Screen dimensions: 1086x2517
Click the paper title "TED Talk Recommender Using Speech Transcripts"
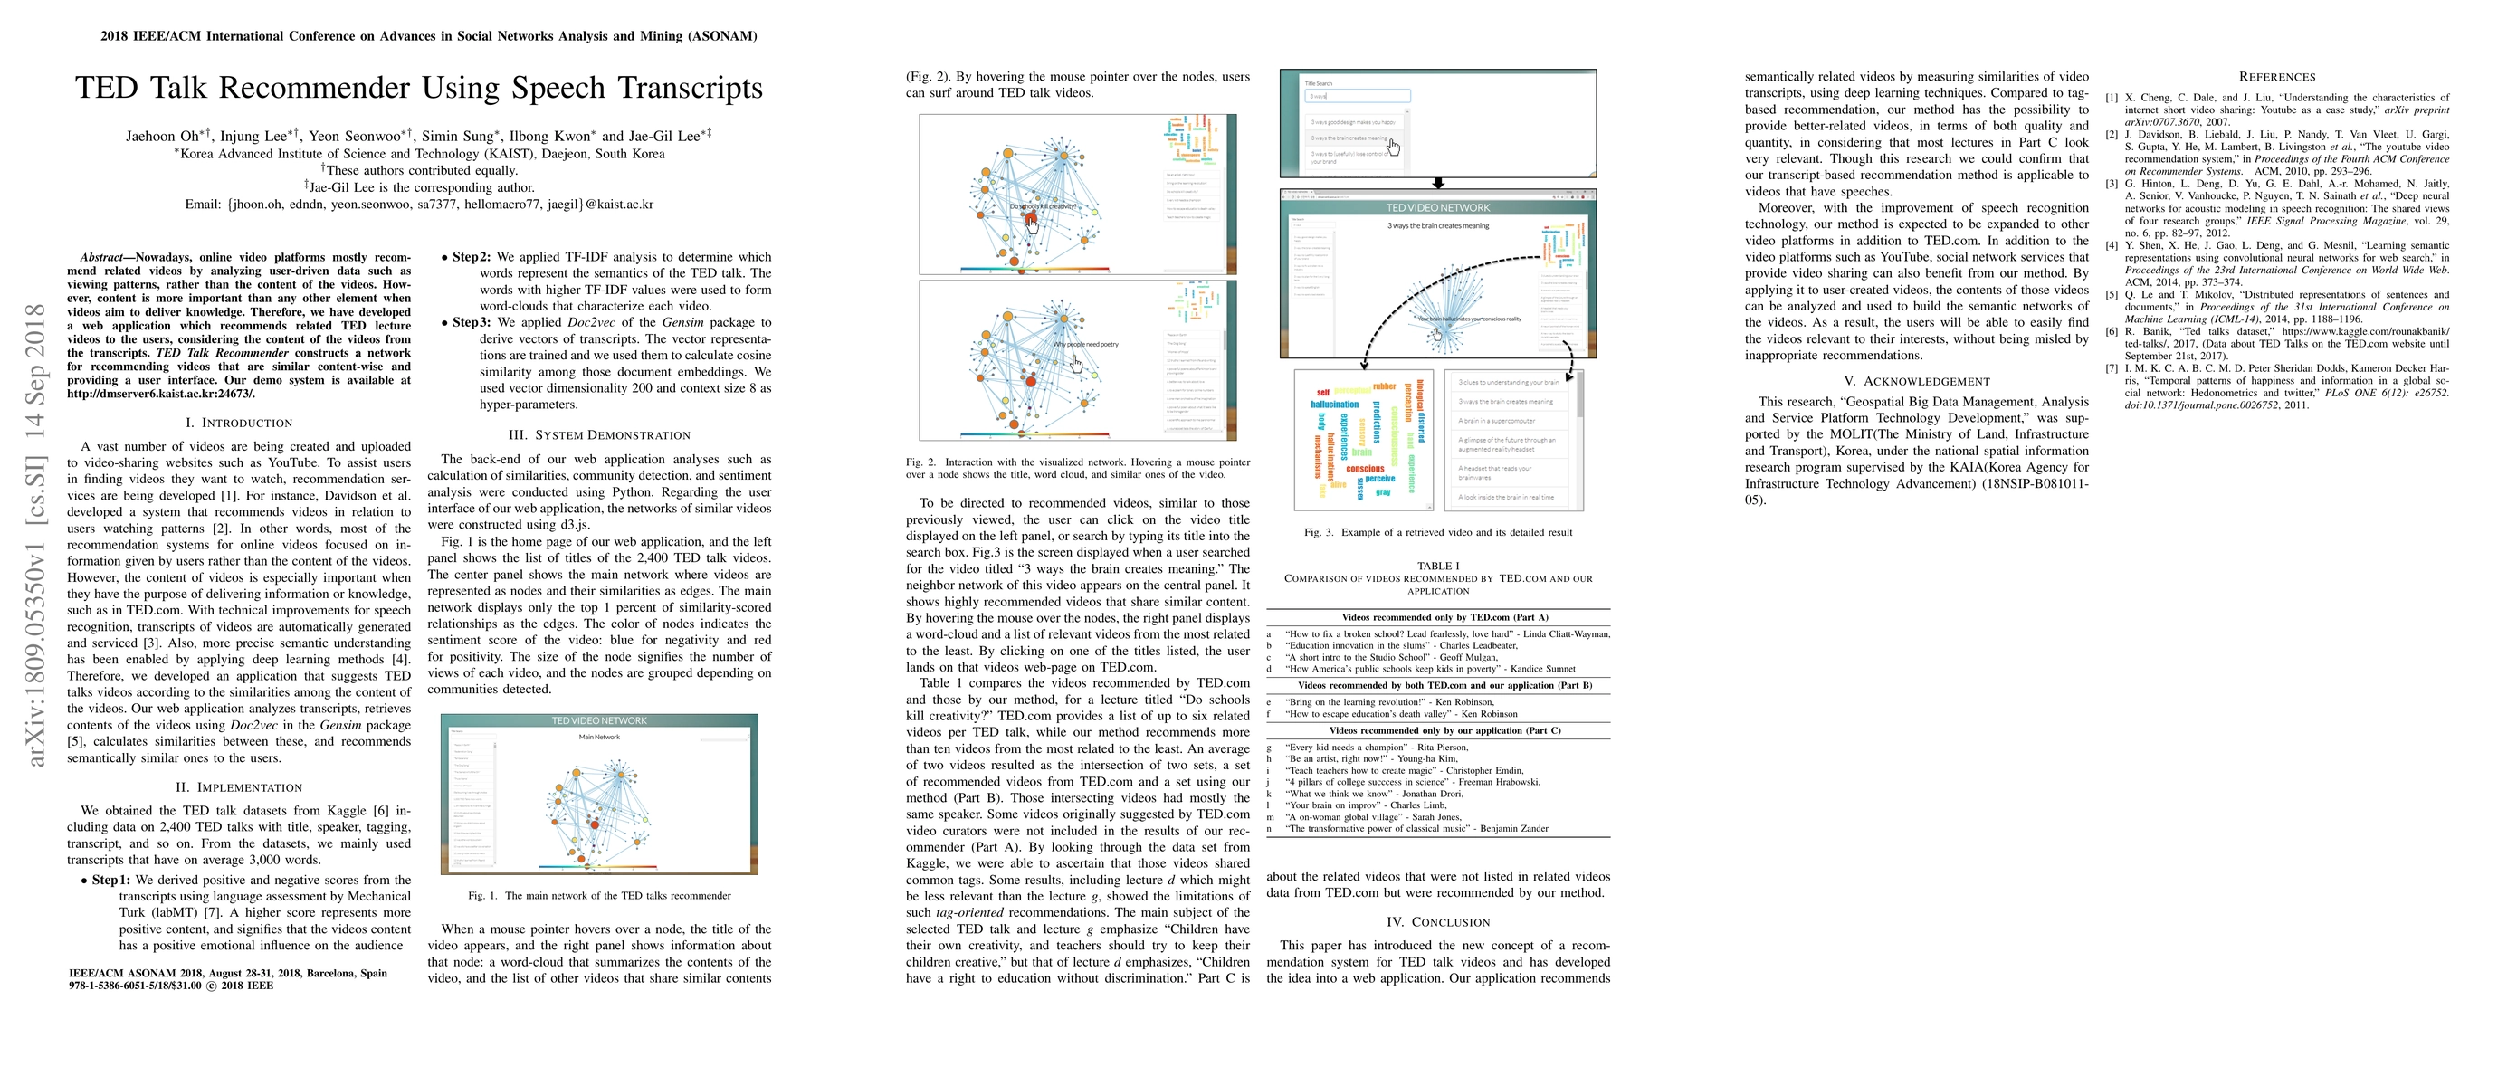(418, 88)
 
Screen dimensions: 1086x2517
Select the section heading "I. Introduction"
(239, 423)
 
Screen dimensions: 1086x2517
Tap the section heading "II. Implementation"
(239, 787)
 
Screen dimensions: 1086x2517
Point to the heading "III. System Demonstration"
(600, 435)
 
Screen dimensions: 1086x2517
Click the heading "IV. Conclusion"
(1437, 922)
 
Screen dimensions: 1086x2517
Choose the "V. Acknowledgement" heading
(1916, 381)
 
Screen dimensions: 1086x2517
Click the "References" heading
(2276, 77)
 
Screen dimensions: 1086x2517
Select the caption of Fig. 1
(599, 896)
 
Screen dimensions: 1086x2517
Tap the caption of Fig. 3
(1437, 532)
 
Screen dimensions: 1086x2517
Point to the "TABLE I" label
(1437, 566)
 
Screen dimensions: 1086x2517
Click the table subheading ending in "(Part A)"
(1437, 617)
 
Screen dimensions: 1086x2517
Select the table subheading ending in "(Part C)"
(1437, 730)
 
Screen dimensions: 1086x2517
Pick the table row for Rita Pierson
(1377, 748)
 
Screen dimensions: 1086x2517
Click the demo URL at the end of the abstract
(161, 394)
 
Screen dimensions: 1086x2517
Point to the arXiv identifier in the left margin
(36, 535)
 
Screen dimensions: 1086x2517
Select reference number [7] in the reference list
(2112, 368)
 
